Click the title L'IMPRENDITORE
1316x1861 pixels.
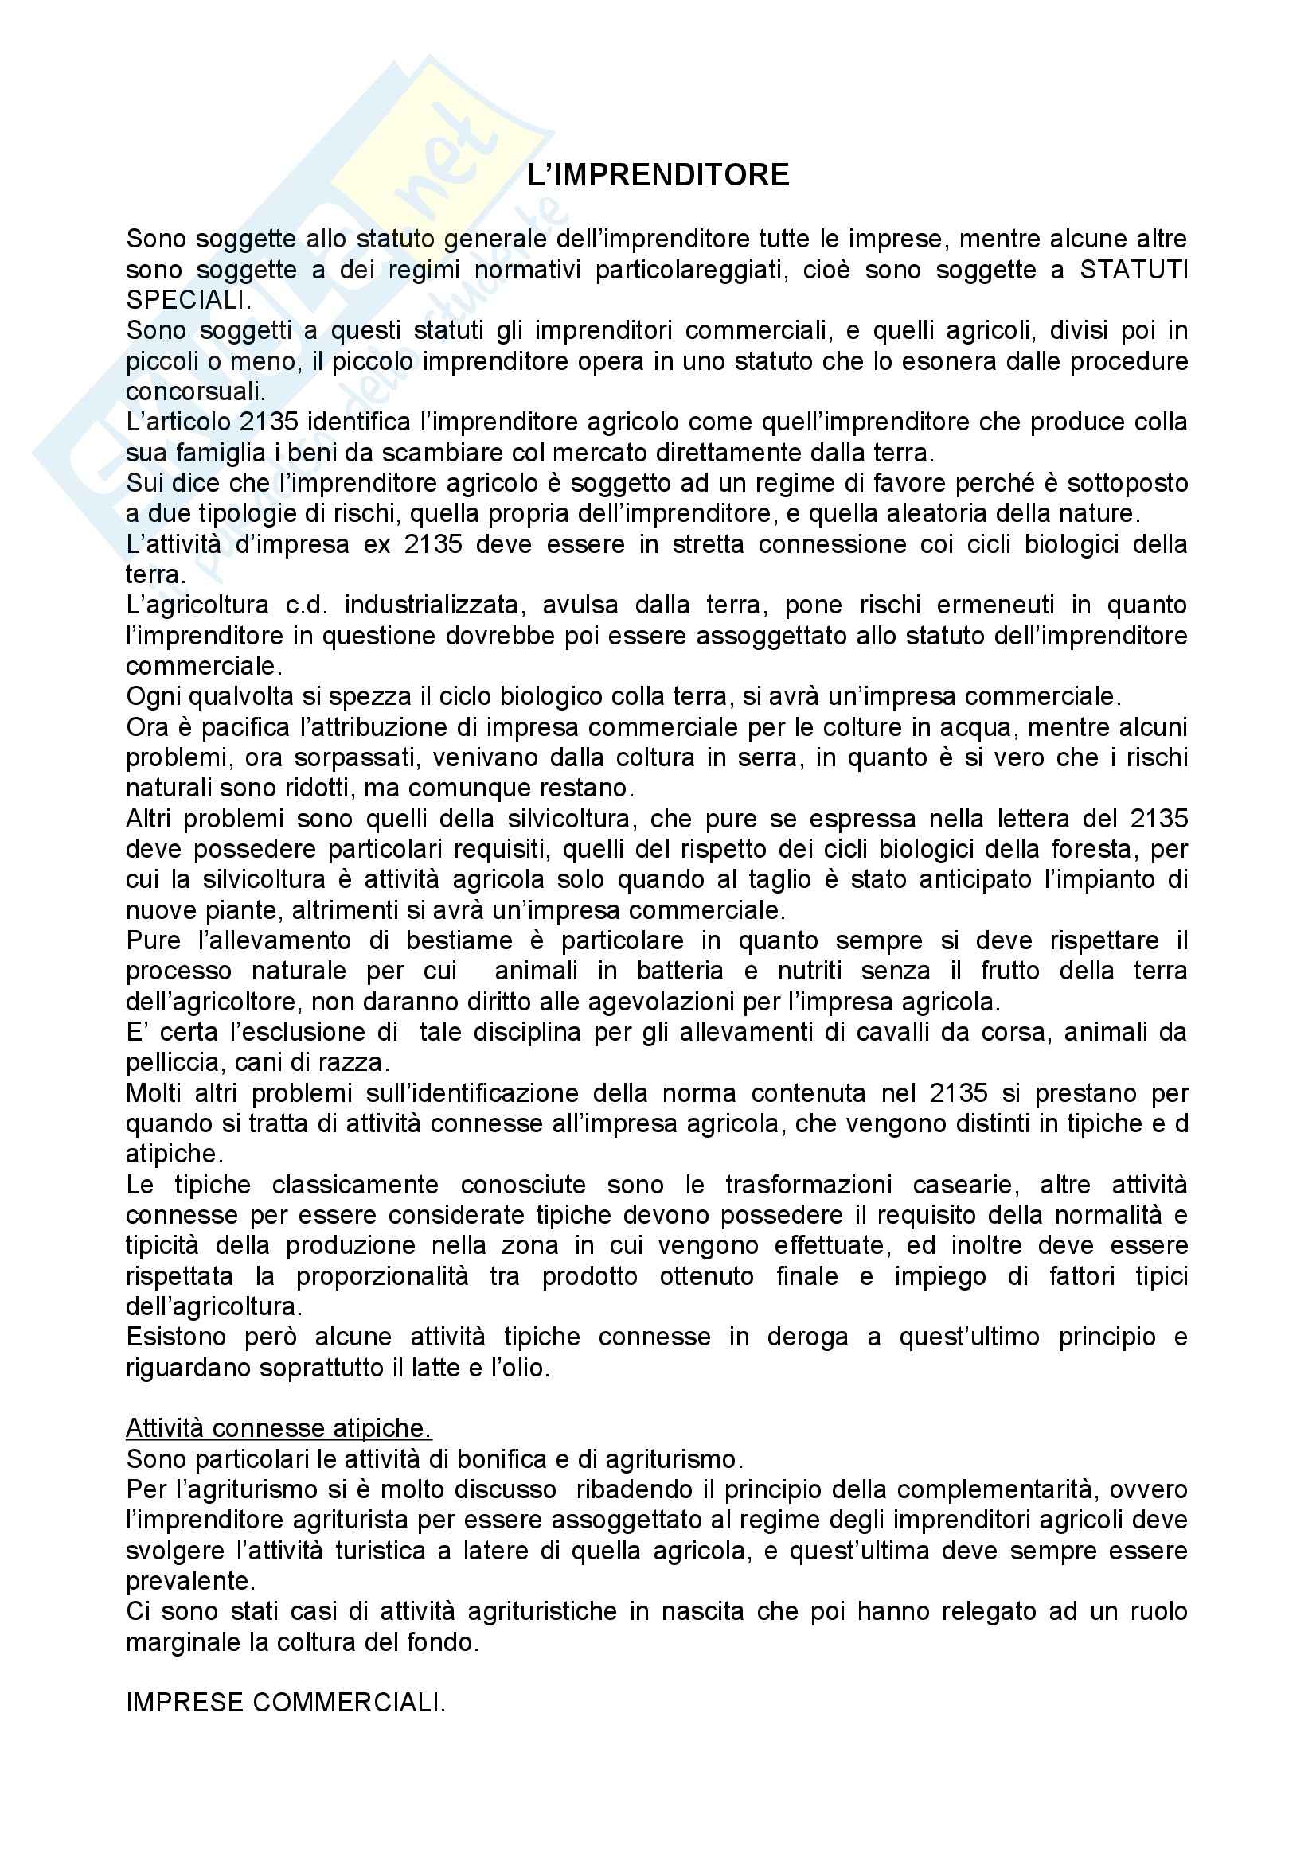tap(658, 175)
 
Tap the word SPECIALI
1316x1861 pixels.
tap(187, 300)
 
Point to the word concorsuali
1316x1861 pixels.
tap(195, 391)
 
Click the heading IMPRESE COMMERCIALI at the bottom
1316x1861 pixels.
tap(286, 1702)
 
